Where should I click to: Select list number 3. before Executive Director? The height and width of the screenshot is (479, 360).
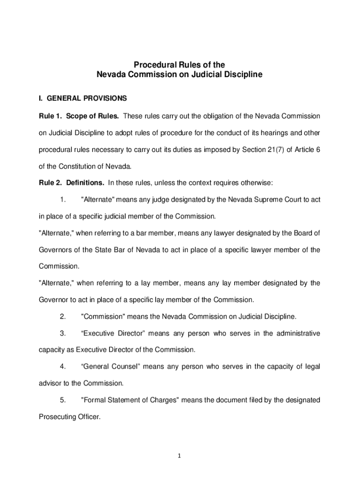(63, 334)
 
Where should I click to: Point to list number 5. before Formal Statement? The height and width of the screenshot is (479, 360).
(63, 400)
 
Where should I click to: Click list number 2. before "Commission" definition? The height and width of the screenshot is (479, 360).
(63, 317)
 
